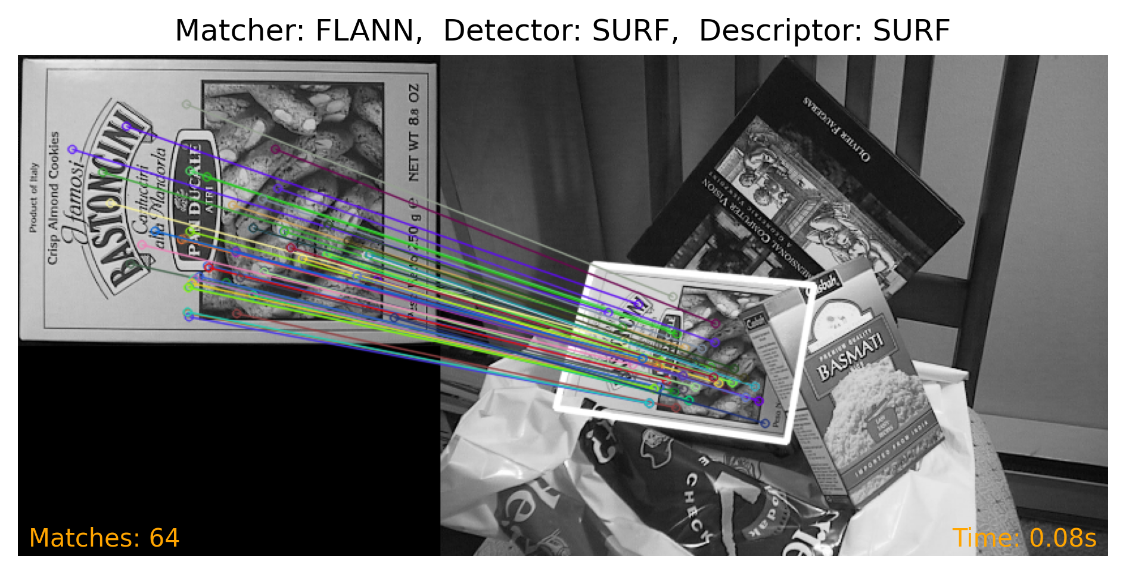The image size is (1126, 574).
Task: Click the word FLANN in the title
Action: [x=364, y=31]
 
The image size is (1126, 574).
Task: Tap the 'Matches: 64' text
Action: [x=104, y=538]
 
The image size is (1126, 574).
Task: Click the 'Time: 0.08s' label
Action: [x=1024, y=538]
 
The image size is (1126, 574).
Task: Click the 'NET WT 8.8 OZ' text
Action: [x=414, y=132]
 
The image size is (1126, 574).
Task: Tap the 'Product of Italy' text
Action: [x=33, y=197]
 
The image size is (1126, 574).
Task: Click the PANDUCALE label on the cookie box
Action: [x=194, y=200]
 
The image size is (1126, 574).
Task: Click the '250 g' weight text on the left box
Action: [x=413, y=224]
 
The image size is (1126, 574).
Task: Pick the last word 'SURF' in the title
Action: [x=911, y=31]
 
